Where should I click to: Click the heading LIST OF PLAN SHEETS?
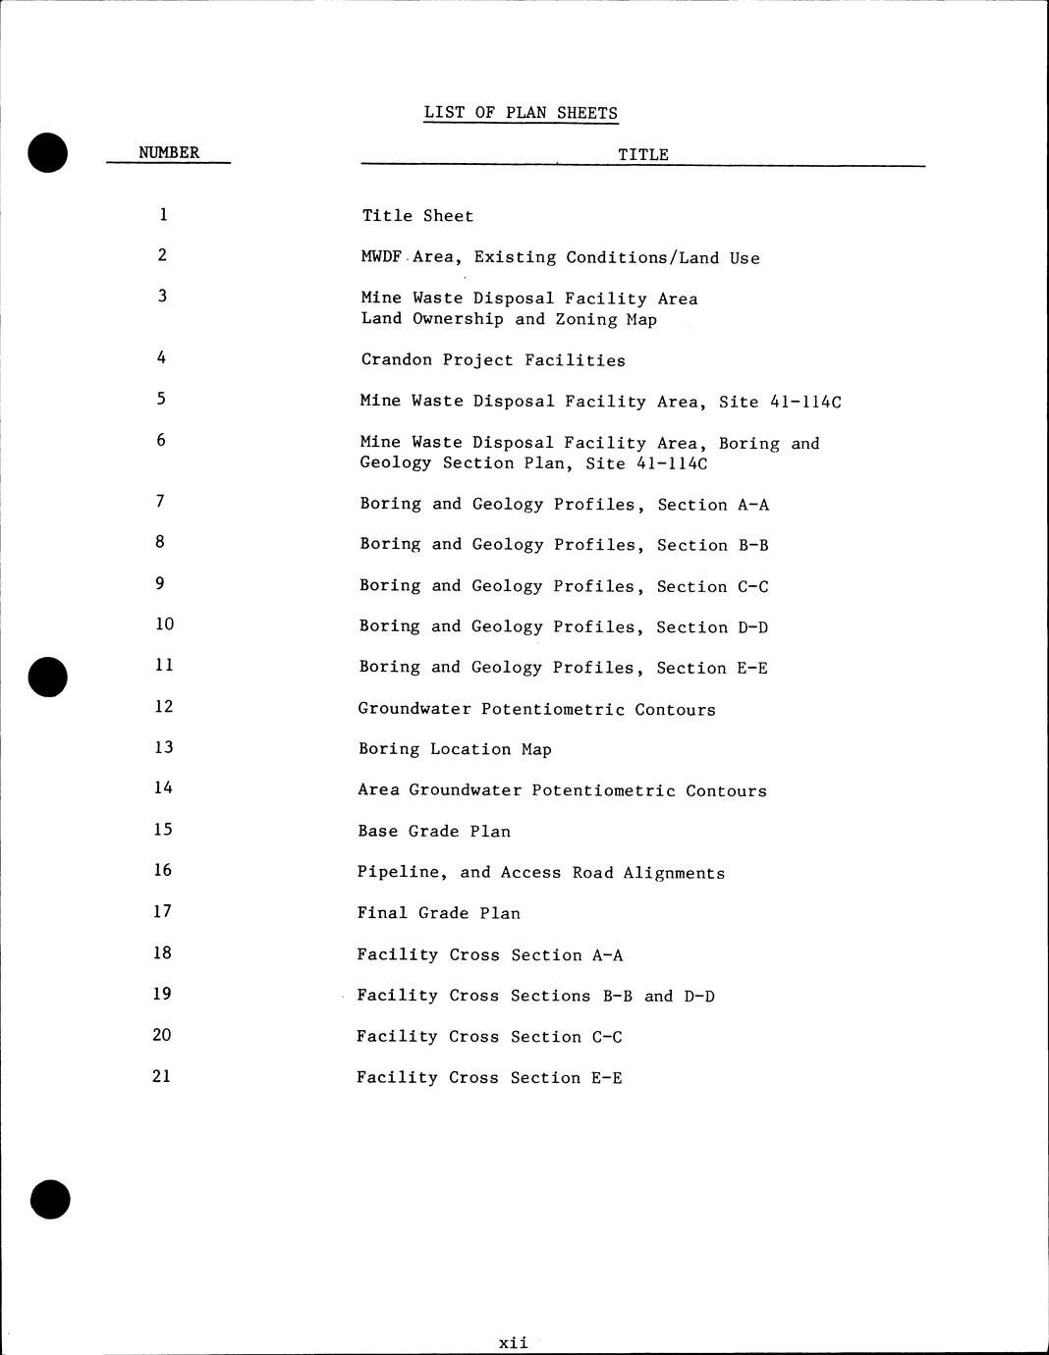tap(521, 113)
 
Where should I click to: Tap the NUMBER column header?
tap(169, 152)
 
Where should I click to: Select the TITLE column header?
tap(643, 155)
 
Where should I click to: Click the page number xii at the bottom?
tap(513, 1342)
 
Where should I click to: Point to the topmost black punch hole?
tap(48, 153)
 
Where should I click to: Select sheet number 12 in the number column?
tap(163, 707)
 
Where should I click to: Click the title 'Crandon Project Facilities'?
tap(493, 360)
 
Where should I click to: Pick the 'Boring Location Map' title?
tap(455, 749)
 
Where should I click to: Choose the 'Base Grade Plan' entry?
tap(434, 832)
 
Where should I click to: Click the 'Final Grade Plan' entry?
tap(438, 913)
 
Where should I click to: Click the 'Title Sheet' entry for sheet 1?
tap(417, 216)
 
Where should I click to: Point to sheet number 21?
tap(162, 1076)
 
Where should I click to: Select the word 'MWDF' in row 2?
tap(382, 257)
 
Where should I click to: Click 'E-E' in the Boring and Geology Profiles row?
tap(751, 669)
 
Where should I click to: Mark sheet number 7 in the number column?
tap(159, 502)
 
